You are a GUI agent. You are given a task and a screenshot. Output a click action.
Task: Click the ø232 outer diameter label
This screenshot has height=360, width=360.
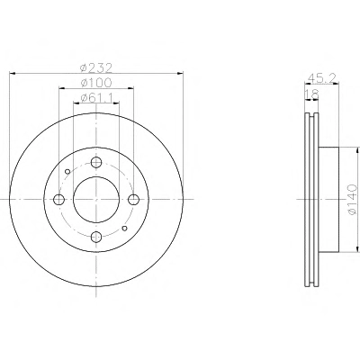click(96, 68)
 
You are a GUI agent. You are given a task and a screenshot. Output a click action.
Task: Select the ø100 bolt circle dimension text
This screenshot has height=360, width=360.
click(96, 83)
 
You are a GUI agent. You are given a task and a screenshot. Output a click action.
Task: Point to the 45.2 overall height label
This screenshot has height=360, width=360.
click(322, 78)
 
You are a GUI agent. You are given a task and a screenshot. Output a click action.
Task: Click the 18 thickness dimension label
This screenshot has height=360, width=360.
click(311, 94)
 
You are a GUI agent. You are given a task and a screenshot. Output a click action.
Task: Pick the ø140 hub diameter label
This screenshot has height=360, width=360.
click(352, 200)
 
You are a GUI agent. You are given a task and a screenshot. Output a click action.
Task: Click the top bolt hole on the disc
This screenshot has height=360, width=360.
click(96, 163)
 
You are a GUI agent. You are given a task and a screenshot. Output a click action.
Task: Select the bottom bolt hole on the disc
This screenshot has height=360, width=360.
click(96, 237)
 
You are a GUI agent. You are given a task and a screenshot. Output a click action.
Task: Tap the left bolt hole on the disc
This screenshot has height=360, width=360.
click(59, 200)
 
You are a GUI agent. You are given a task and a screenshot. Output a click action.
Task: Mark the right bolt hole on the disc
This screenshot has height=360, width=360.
click(133, 200)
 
